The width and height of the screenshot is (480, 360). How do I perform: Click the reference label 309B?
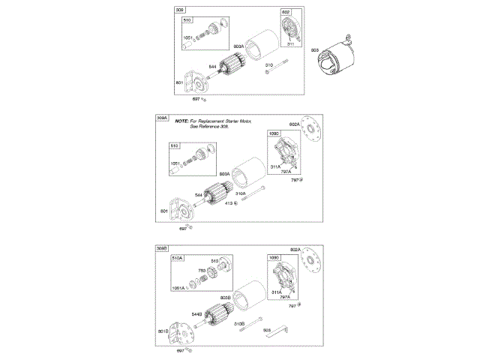tap(161, 248)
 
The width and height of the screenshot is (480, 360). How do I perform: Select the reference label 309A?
tap(161, 118)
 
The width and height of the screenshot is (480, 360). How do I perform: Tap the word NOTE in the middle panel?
tap(182, 121)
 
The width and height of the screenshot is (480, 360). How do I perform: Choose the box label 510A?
tap(177, 257)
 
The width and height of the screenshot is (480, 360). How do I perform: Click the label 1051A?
tap(178, 288)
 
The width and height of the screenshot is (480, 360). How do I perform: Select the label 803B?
tap(225, 298)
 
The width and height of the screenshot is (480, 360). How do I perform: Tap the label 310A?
tap(241, 193)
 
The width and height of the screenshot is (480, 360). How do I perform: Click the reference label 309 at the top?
tap(179, 10)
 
